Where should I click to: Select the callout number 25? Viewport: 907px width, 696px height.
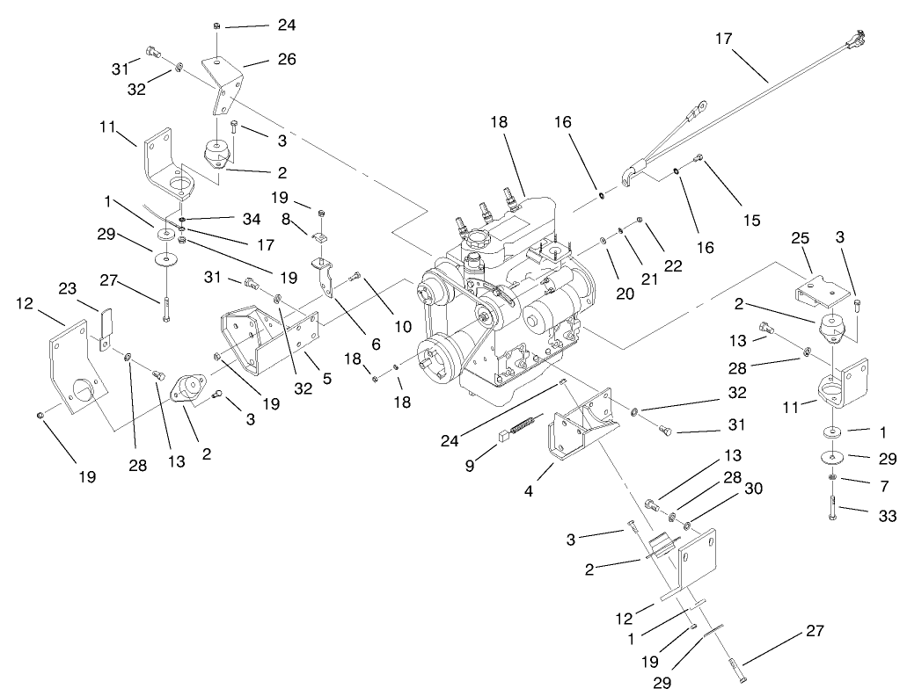[800, 264]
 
